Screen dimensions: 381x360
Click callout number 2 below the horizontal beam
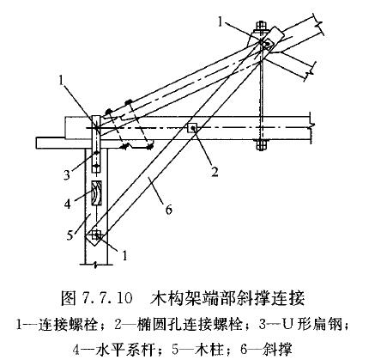coord(215,172)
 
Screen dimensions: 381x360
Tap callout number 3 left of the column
coord(66,174)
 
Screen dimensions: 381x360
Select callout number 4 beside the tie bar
coord(68,204)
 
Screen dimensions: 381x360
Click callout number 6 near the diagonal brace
coord(169,210)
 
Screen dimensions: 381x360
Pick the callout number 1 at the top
coord(220,21)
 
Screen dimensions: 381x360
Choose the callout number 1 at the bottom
coord(124,255)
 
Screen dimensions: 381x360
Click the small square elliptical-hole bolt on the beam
coord(192,128)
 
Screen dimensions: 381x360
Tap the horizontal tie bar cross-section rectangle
coord(96,192)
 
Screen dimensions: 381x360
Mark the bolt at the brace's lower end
coord(96,235)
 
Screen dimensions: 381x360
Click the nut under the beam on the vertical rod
coord(261,145)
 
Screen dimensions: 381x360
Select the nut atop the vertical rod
coord(261,26)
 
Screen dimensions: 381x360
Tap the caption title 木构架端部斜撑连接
coord(228,298)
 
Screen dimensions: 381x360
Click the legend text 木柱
coord(210,350)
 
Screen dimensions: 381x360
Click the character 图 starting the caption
coord(68,298)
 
